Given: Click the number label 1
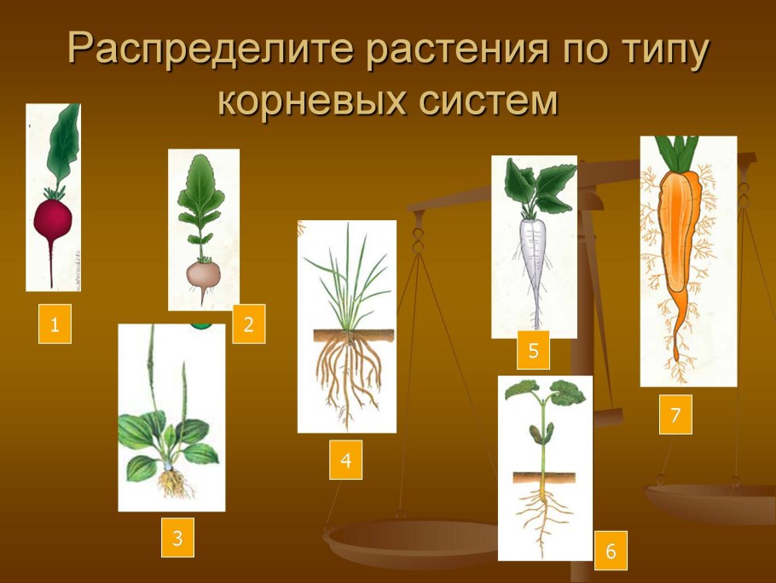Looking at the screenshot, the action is tap(55, 324).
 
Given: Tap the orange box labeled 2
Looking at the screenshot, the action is tap(248, 324).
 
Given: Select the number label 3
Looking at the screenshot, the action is tap(177, 538).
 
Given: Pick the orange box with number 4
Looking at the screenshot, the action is tap(345, 460).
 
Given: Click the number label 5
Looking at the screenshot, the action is tap(533, 350).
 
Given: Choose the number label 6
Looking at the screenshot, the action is tap(611, 551).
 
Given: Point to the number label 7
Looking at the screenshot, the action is tap(675, 415).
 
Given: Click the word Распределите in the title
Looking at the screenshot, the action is tap(211, 50).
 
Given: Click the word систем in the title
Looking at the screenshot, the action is tap(489, 101).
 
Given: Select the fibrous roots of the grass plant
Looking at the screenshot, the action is tap(349, 376).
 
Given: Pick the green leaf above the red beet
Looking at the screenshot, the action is tap(63, 143).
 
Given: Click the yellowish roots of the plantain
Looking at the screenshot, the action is tap(173, 483).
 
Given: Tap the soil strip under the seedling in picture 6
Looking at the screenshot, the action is tap(544, 478).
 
